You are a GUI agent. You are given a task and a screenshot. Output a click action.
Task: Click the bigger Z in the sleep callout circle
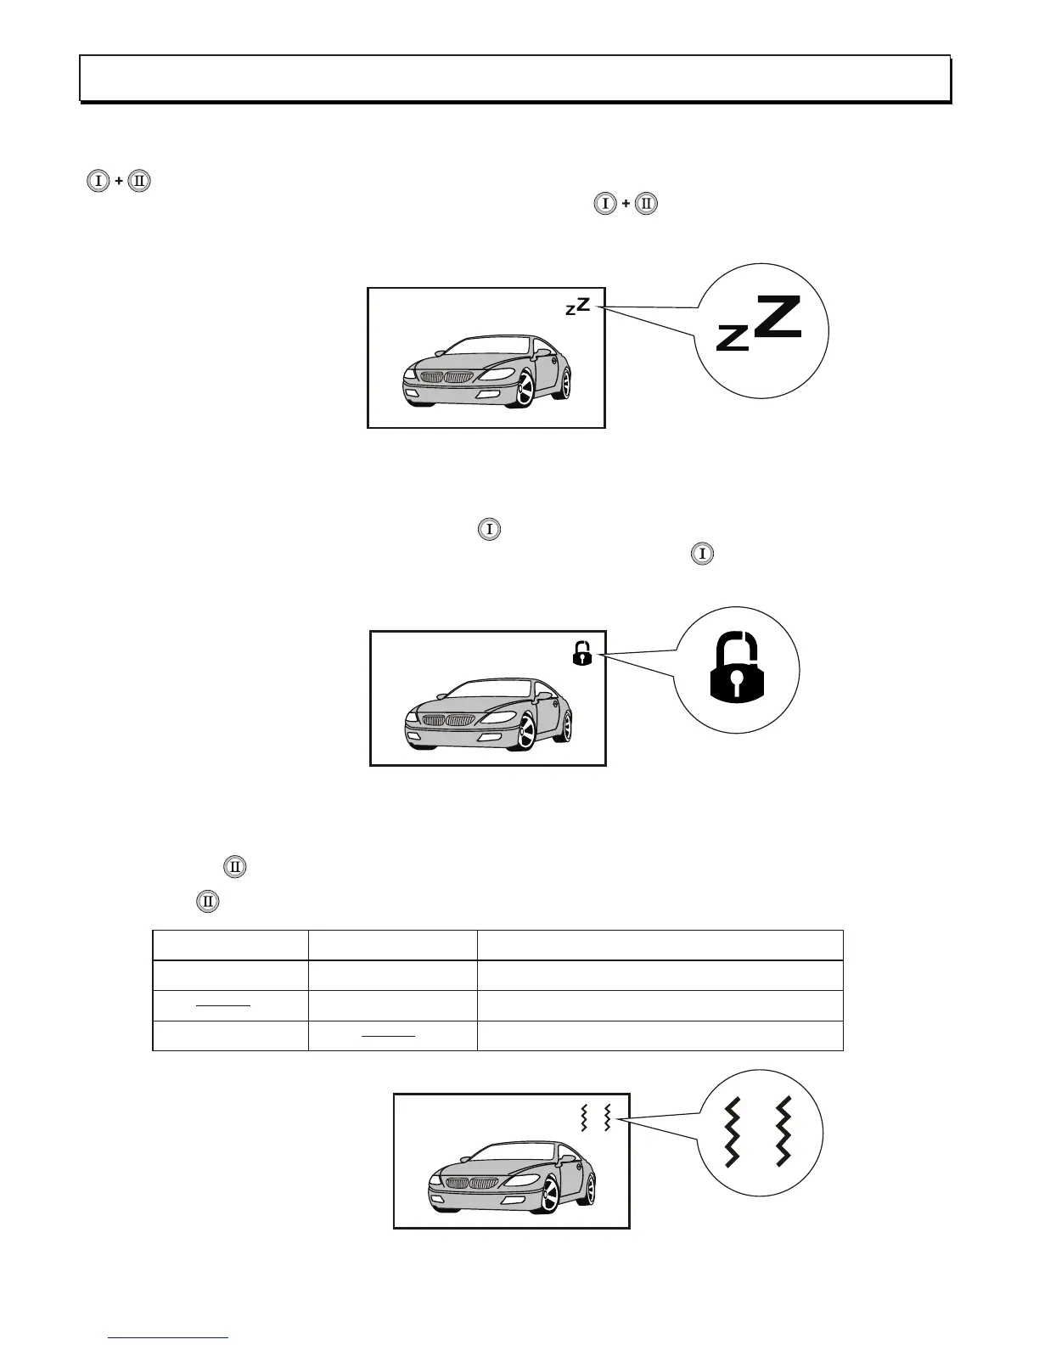click(778, 318)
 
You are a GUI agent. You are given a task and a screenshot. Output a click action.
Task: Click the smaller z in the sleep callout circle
click(731, 338)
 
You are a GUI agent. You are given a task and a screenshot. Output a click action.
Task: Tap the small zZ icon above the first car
click(577, 307)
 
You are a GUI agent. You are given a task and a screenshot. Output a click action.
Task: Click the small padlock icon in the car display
click(581, 654)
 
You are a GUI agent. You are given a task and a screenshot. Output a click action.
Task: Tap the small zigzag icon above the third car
click(595, 1118)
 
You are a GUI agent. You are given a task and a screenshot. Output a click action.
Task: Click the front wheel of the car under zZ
click(525, 391)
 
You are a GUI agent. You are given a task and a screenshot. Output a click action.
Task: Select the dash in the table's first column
click(224, 1005)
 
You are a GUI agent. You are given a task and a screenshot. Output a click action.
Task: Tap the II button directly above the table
click(207, 902)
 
